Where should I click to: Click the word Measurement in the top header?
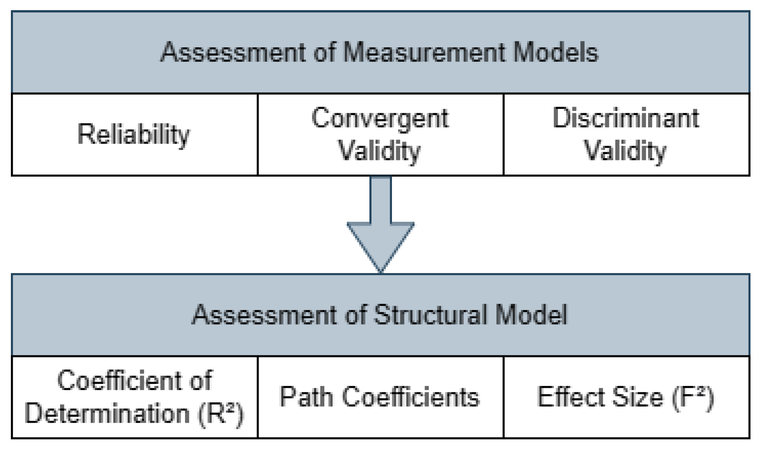424,52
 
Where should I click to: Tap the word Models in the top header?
556,52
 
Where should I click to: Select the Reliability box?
134,135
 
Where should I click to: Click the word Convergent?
380,118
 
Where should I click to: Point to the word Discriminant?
626,118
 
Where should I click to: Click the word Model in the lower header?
531,315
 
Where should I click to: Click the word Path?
306,397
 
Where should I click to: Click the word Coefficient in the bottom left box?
119,381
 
